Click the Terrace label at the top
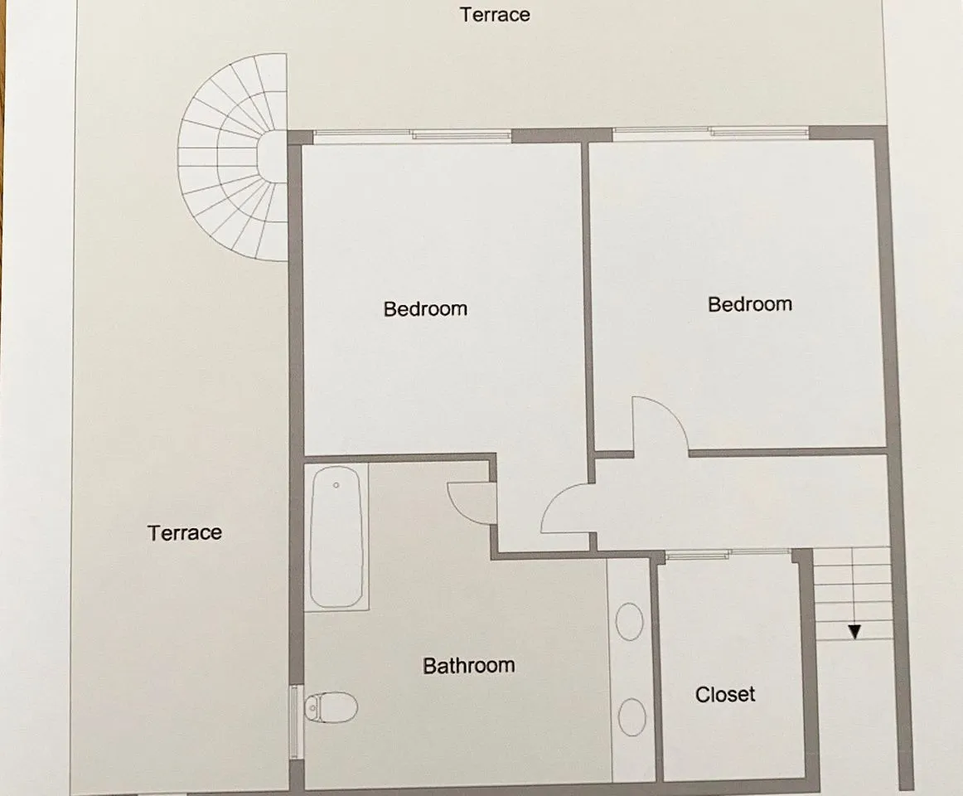495,15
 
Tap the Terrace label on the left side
185,532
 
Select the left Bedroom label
425,308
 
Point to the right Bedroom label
750,303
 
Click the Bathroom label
468,665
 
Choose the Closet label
724,694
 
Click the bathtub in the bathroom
336,536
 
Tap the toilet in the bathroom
331,707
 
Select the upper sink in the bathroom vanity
629,621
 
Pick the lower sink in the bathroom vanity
632,716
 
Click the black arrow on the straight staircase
854,631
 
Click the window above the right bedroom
710,133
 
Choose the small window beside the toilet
295,722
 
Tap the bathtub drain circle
336,486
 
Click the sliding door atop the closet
728,554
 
